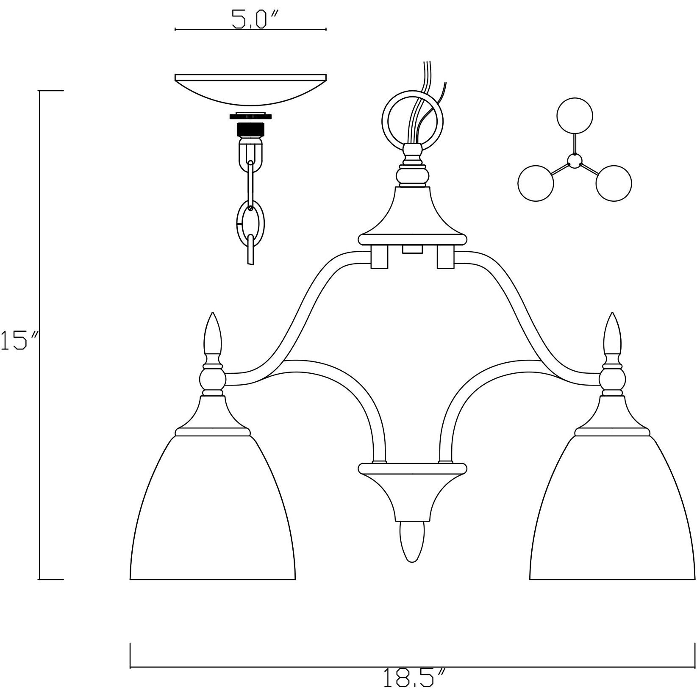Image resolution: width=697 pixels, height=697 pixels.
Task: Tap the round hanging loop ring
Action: [x=412, y=119]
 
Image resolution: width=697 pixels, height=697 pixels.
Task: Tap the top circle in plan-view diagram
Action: [x=575, y=115]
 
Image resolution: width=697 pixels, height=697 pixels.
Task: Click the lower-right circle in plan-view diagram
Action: [x=614, y=183]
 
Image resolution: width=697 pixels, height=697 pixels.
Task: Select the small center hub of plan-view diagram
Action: [x=575, y=161]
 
